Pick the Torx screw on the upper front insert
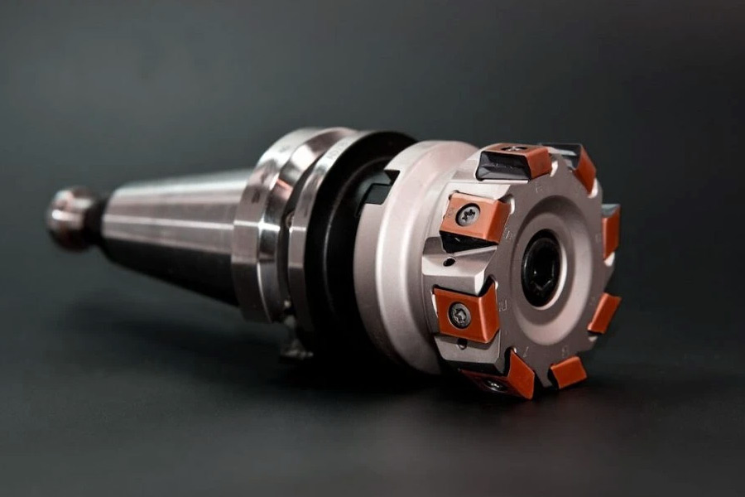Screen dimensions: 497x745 pyautogui.click(x=468, y=216)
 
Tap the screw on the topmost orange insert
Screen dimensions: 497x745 pyautogui.click(x=513, y=150)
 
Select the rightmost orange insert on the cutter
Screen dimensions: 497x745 pyautogui.click(x=610, y=233)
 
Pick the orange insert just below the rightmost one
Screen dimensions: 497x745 pyautogui.click(x=603, y=313)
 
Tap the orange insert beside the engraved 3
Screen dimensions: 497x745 pyautogui.click(x=568, y=372)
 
